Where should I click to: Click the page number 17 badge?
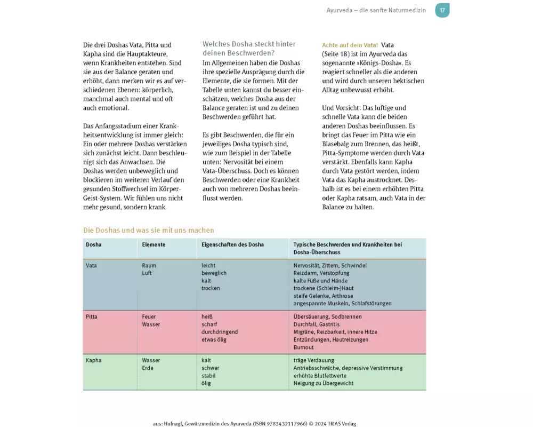(442, 10)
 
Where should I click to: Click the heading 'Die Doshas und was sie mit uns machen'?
(149, 231)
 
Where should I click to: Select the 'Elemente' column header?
(154, 244)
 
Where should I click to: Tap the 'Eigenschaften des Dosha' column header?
(232, 244)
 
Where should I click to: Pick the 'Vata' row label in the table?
(91, 265)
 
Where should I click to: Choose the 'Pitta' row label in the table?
(91, 317)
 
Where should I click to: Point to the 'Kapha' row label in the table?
(93, 360)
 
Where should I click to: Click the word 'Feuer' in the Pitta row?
(149, 317)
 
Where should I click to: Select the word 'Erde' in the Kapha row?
(148, 368)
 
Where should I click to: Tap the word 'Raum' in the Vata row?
(149, 265)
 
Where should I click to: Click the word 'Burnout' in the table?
(304, 347)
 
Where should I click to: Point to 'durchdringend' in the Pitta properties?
(220, 332)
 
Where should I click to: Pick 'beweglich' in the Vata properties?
(214, 273)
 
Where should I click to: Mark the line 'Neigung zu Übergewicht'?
(324, 383)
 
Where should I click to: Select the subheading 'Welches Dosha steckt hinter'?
(249, 44)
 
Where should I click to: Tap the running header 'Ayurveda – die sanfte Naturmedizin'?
(376, 10)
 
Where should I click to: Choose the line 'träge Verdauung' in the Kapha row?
(314, 360)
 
